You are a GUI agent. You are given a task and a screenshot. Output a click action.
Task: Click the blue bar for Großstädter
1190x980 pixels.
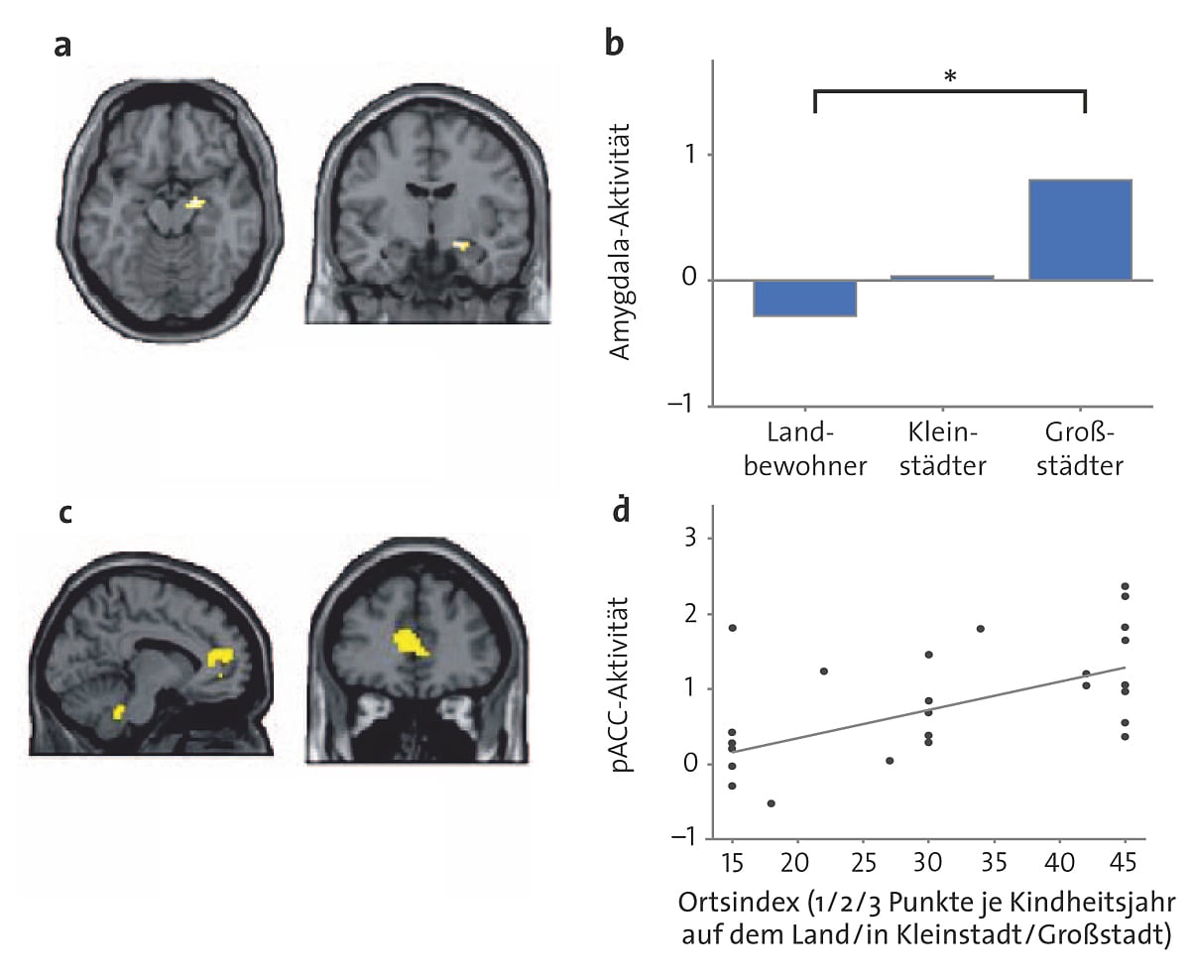1080,230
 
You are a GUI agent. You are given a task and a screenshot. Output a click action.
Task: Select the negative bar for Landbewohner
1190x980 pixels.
804,299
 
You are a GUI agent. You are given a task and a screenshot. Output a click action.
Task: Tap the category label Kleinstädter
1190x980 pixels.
946,449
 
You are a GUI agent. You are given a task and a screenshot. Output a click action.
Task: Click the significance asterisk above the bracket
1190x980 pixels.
950,76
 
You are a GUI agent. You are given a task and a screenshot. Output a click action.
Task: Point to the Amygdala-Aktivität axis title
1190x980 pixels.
622,244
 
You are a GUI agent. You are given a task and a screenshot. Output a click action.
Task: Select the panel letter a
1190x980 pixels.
62,48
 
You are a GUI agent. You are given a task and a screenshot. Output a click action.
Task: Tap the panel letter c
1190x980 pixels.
64,514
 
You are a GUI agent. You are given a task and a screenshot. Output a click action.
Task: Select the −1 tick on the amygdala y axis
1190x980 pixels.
683,407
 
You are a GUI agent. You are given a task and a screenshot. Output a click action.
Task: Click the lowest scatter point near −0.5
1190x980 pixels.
771,802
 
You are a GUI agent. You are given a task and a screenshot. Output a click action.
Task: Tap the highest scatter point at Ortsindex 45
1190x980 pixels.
1126,587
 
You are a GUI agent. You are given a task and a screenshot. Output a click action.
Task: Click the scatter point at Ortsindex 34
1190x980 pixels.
980,629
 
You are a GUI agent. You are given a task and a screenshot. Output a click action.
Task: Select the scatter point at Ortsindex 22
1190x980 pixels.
823,672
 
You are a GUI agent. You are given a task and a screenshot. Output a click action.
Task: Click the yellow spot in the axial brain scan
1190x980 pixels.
196,204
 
